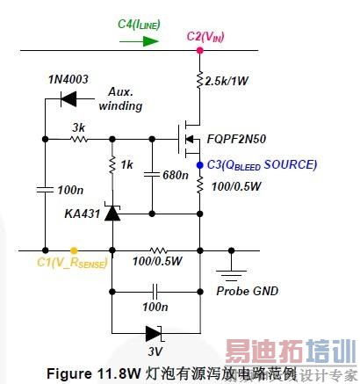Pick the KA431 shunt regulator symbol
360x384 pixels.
112,212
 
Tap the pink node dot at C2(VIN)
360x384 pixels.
200,50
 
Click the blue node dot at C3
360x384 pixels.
200,164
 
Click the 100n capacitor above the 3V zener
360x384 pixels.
155,289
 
